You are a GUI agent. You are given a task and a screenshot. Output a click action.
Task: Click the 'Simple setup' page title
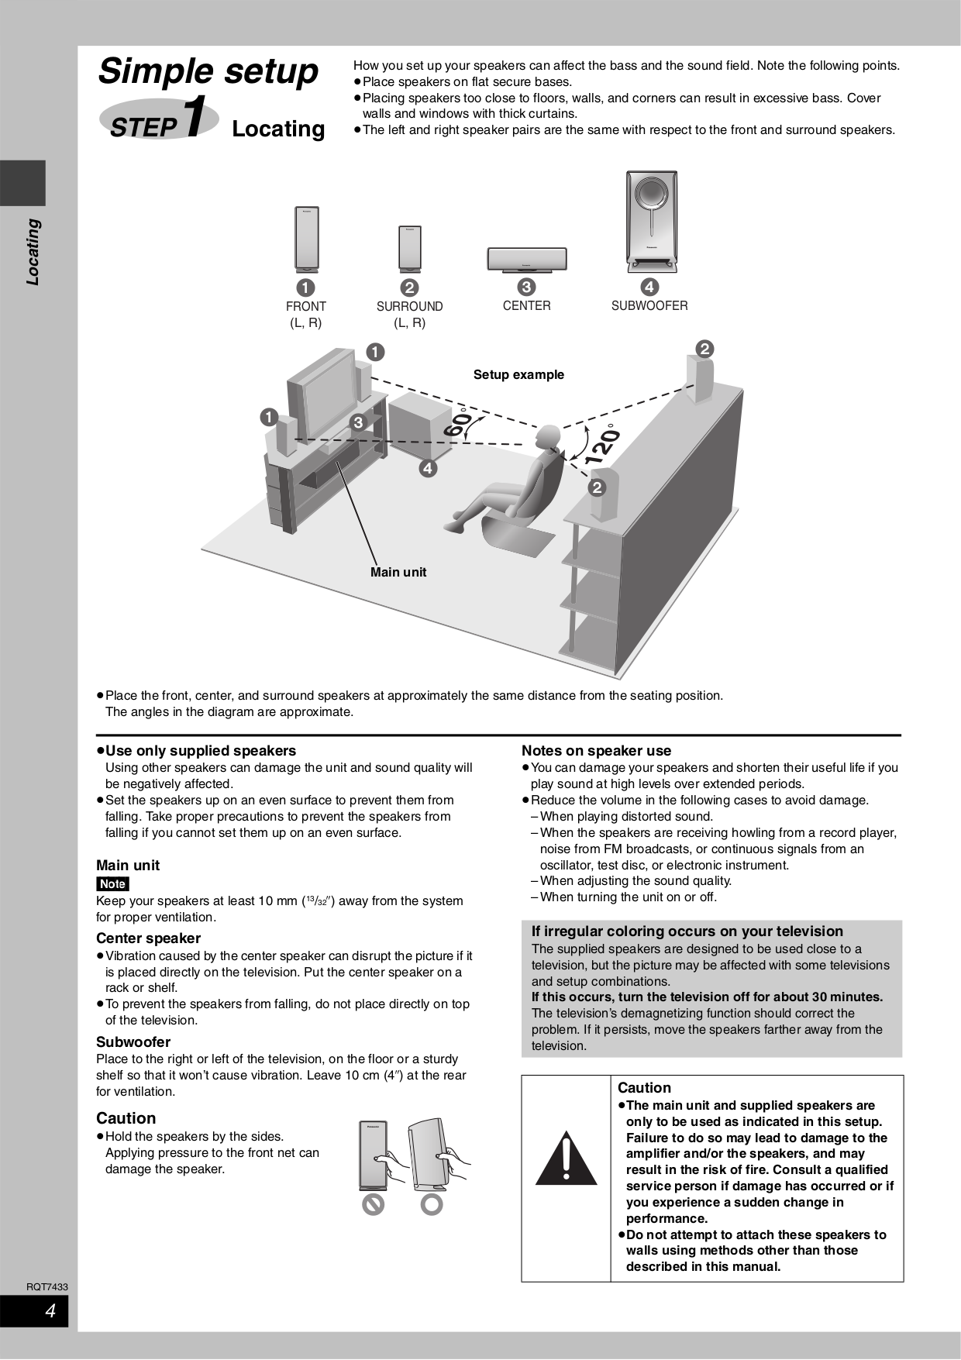click(208, 71)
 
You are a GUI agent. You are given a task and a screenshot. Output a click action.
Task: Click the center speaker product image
click(527, 259)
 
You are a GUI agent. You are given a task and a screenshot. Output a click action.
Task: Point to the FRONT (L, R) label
click(305, 314)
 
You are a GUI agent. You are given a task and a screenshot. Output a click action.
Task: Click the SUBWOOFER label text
click(649, 305)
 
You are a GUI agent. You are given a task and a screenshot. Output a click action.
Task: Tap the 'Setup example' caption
click(518, 374)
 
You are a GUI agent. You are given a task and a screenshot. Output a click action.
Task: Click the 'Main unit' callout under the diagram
click(398, 572)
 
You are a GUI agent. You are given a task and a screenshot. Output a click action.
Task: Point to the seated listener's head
click(549, 436)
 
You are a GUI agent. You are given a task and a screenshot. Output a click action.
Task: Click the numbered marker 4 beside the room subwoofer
click(428, 468)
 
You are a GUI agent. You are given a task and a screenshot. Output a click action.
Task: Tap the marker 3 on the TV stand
click(358, 422)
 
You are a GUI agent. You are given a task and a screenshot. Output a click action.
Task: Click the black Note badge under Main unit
click(112, 883)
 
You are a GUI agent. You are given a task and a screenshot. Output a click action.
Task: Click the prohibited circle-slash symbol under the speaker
click(374, 1204)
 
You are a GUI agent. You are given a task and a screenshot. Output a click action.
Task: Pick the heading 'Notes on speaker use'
click(596, 750)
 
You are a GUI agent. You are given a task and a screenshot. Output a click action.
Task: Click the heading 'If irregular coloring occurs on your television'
click(687, 931)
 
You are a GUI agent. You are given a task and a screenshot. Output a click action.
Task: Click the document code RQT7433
click(47, 1286)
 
